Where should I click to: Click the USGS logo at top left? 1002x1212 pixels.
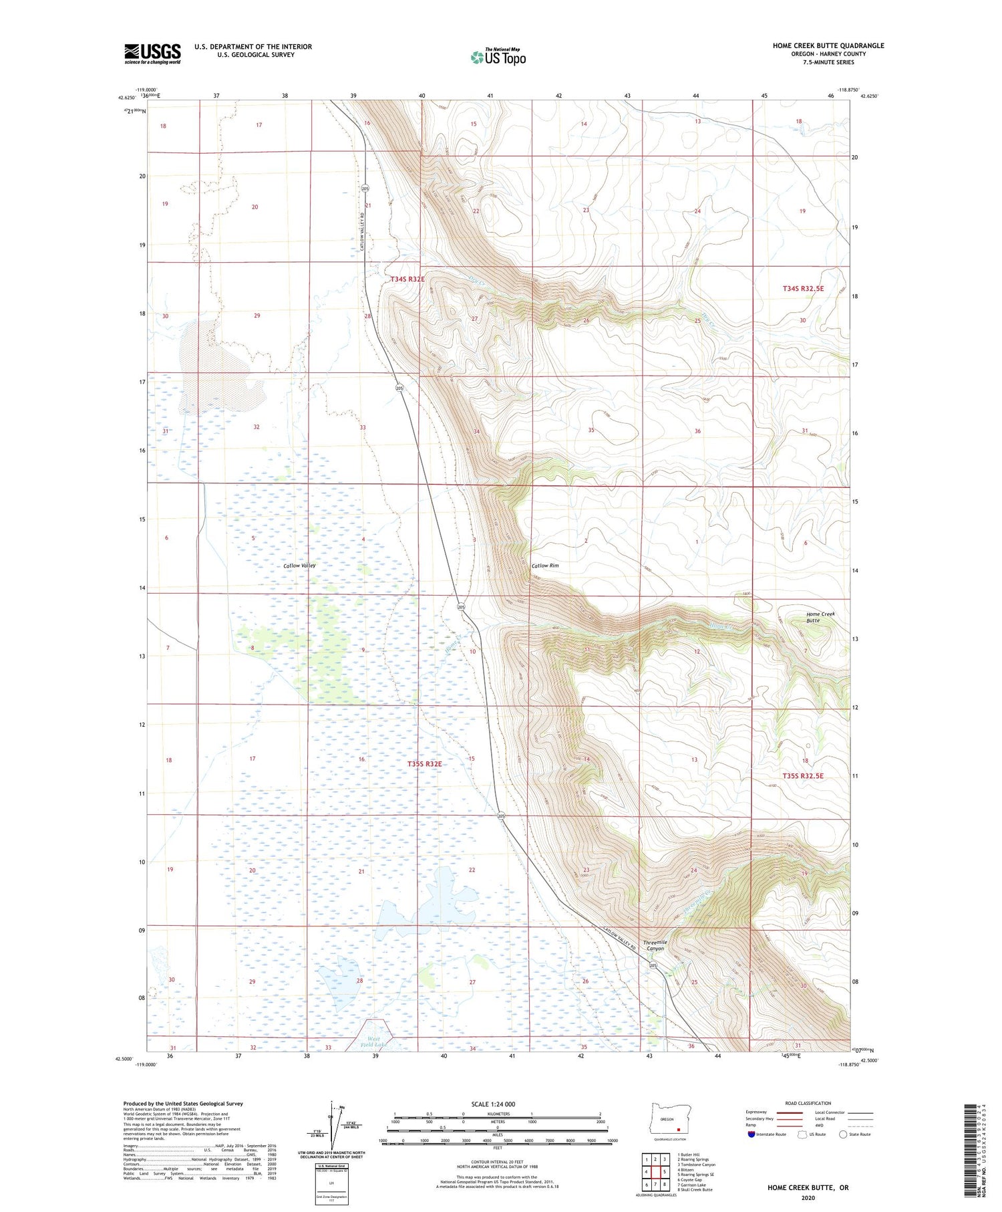point(152,53)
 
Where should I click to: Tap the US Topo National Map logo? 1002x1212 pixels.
point(498,57)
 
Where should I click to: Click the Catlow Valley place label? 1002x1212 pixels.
point(299,566)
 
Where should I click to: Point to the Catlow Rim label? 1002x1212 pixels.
point(545,566)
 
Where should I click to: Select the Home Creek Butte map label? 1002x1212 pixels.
point(820,617)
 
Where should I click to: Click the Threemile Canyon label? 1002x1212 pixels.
point(654,945)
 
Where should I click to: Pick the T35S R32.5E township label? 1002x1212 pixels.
point(803,775)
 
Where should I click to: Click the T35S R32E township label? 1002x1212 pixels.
point(424,763)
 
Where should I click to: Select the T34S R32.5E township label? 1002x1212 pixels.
point(803,289)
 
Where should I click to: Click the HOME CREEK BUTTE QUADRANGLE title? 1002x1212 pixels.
point(828,45)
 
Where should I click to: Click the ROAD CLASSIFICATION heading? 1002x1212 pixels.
point(808,1103)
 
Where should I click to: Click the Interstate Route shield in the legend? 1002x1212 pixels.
point(752,1134)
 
